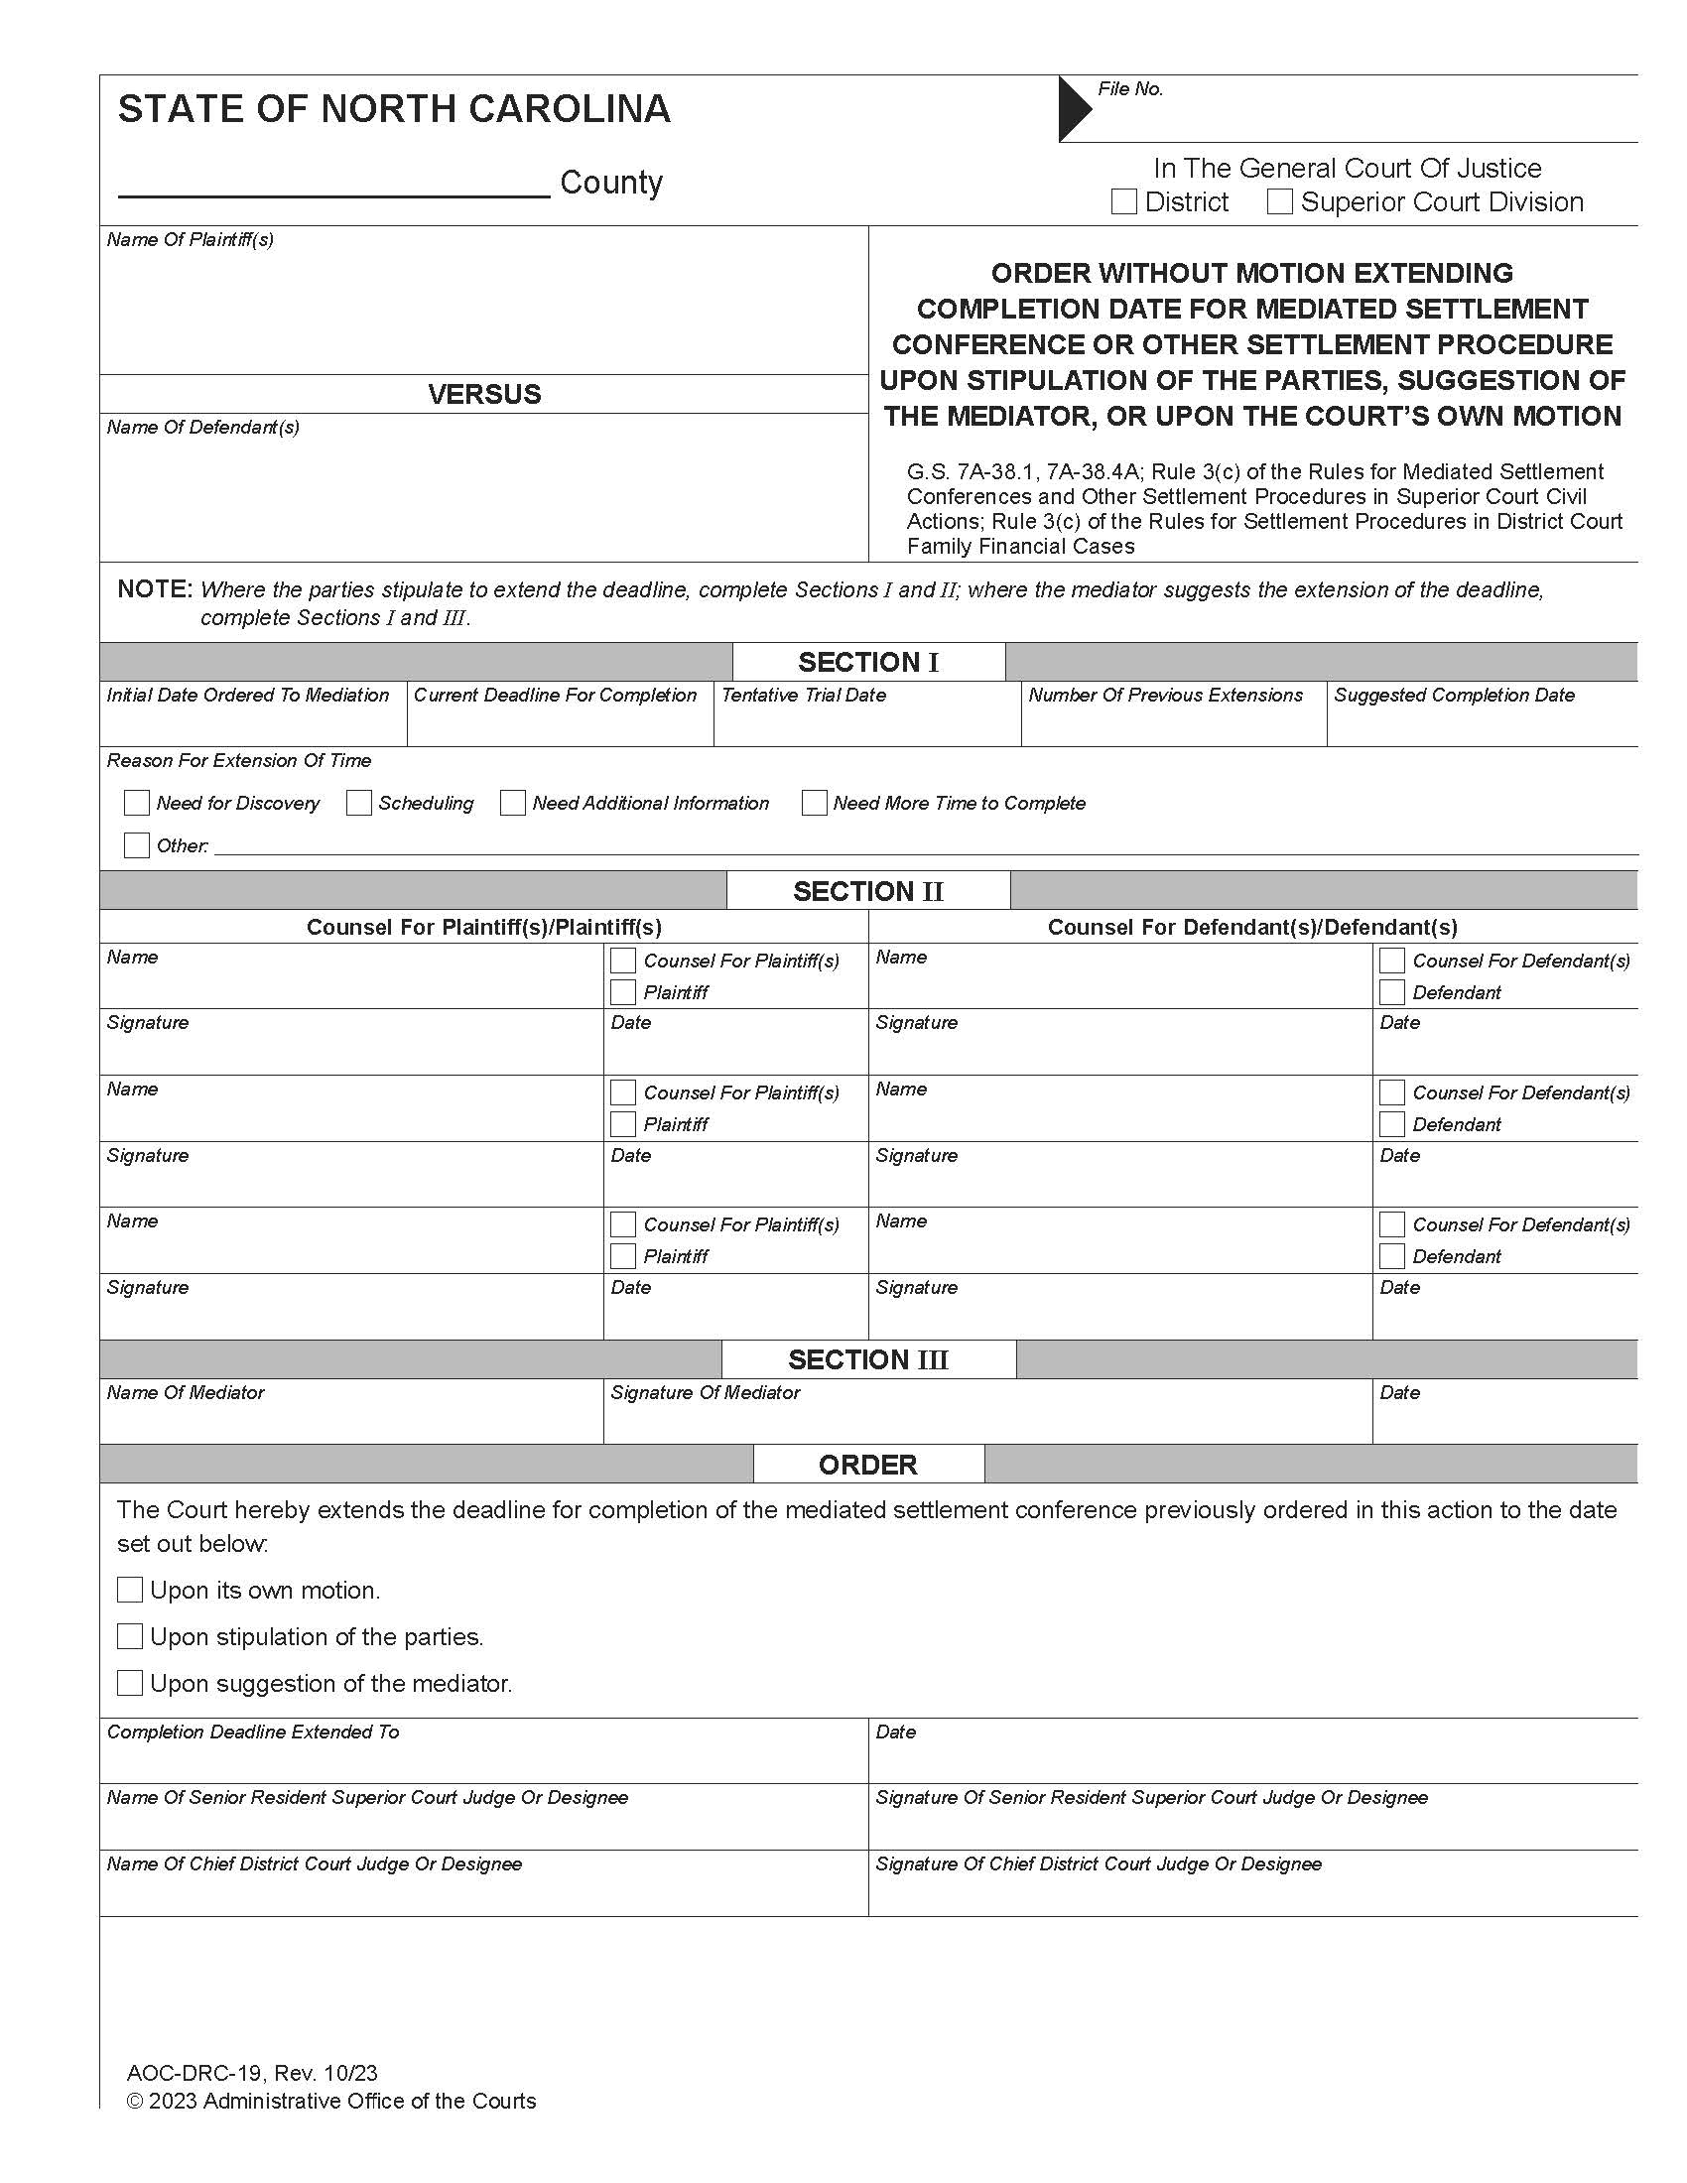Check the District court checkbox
[1123, 201]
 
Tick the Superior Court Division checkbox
[1279, 201]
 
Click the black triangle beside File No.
[1074, 109]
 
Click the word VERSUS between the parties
[483, 394]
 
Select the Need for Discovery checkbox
[136, 803]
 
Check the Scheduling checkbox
[359, 803]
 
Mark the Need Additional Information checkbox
[513, 803]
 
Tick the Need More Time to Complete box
[814, 803]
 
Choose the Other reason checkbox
[136, 845]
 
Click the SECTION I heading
[867, 663]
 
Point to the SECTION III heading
[867, 1360]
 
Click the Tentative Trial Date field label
[804, 696]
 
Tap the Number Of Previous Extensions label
[1165, 696]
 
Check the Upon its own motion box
[130, 1591]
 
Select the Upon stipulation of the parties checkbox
[130, 1636]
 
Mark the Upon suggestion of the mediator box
[130, 1683]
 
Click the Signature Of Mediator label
[705, 1392]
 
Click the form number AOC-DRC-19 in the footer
[195, 2073]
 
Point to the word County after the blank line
[610, 182]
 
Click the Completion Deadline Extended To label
[253, 1733]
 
